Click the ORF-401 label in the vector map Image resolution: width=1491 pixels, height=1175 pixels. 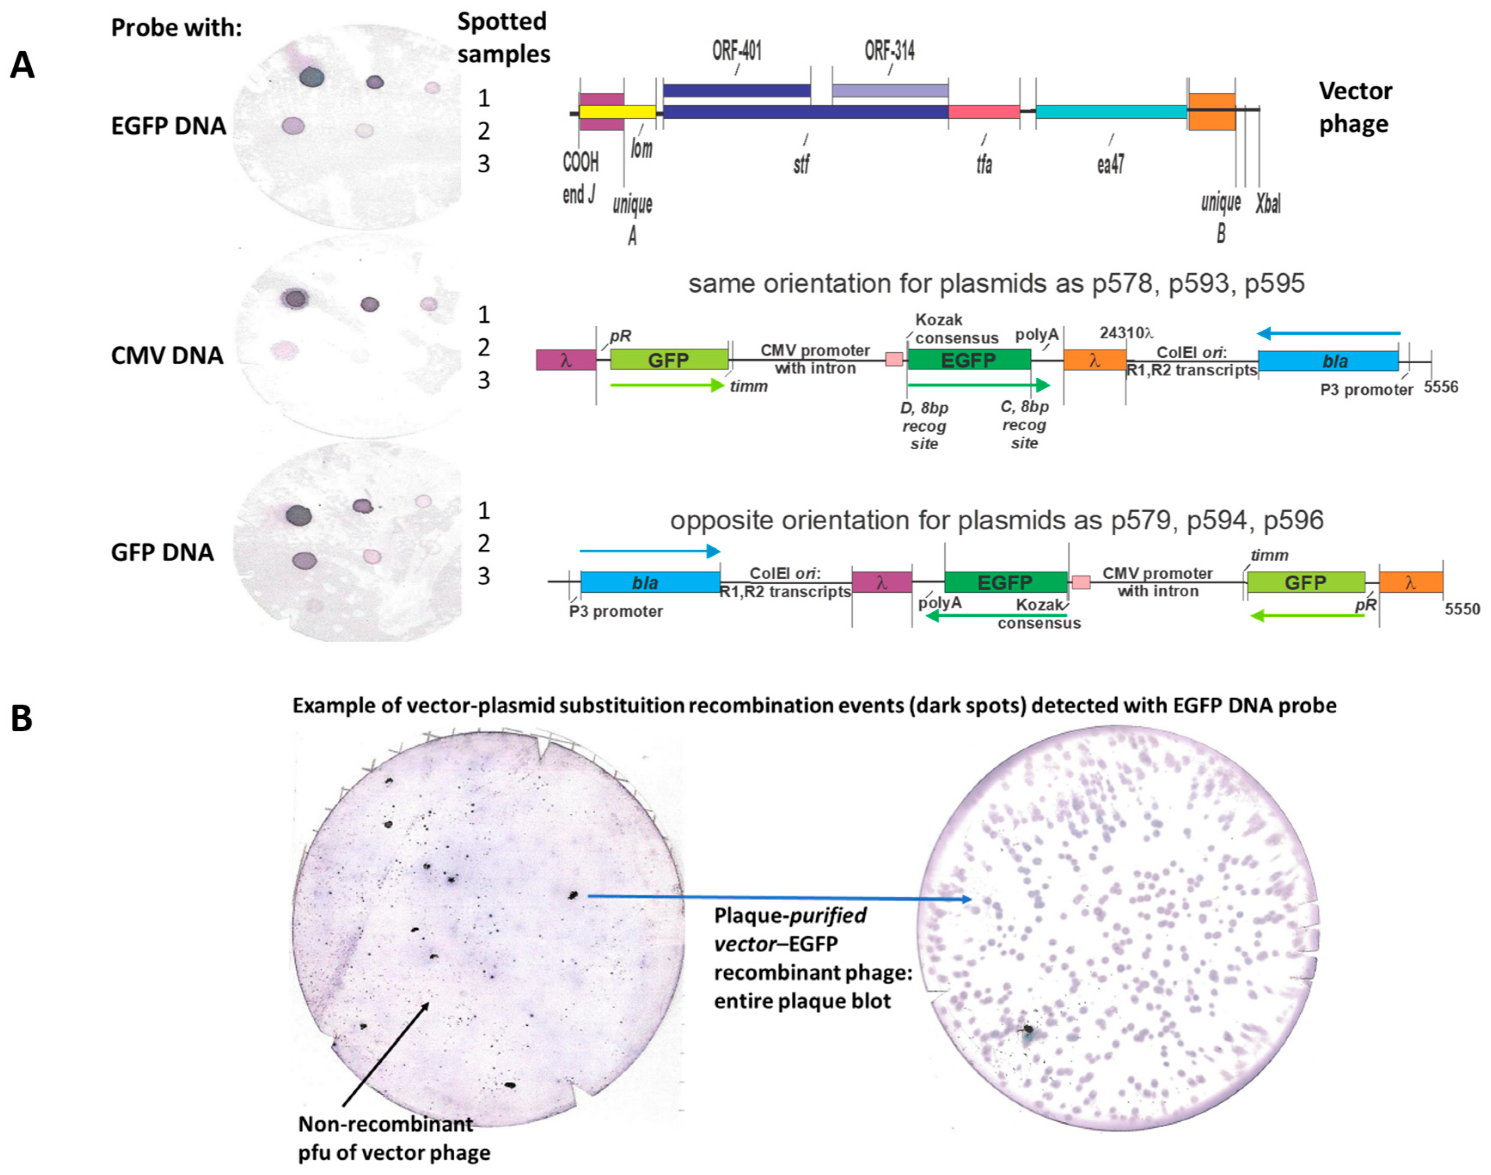[737, 50]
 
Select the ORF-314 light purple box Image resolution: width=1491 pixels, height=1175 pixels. [890, 90]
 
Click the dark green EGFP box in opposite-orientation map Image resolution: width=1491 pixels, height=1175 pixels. [1005, 583]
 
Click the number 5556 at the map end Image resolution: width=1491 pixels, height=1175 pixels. [1441, 387]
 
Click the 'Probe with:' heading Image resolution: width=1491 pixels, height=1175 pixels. [176, 28]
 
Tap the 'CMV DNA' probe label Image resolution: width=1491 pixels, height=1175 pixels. [167, 356]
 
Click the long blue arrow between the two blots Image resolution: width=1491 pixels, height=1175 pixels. [777, 897]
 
